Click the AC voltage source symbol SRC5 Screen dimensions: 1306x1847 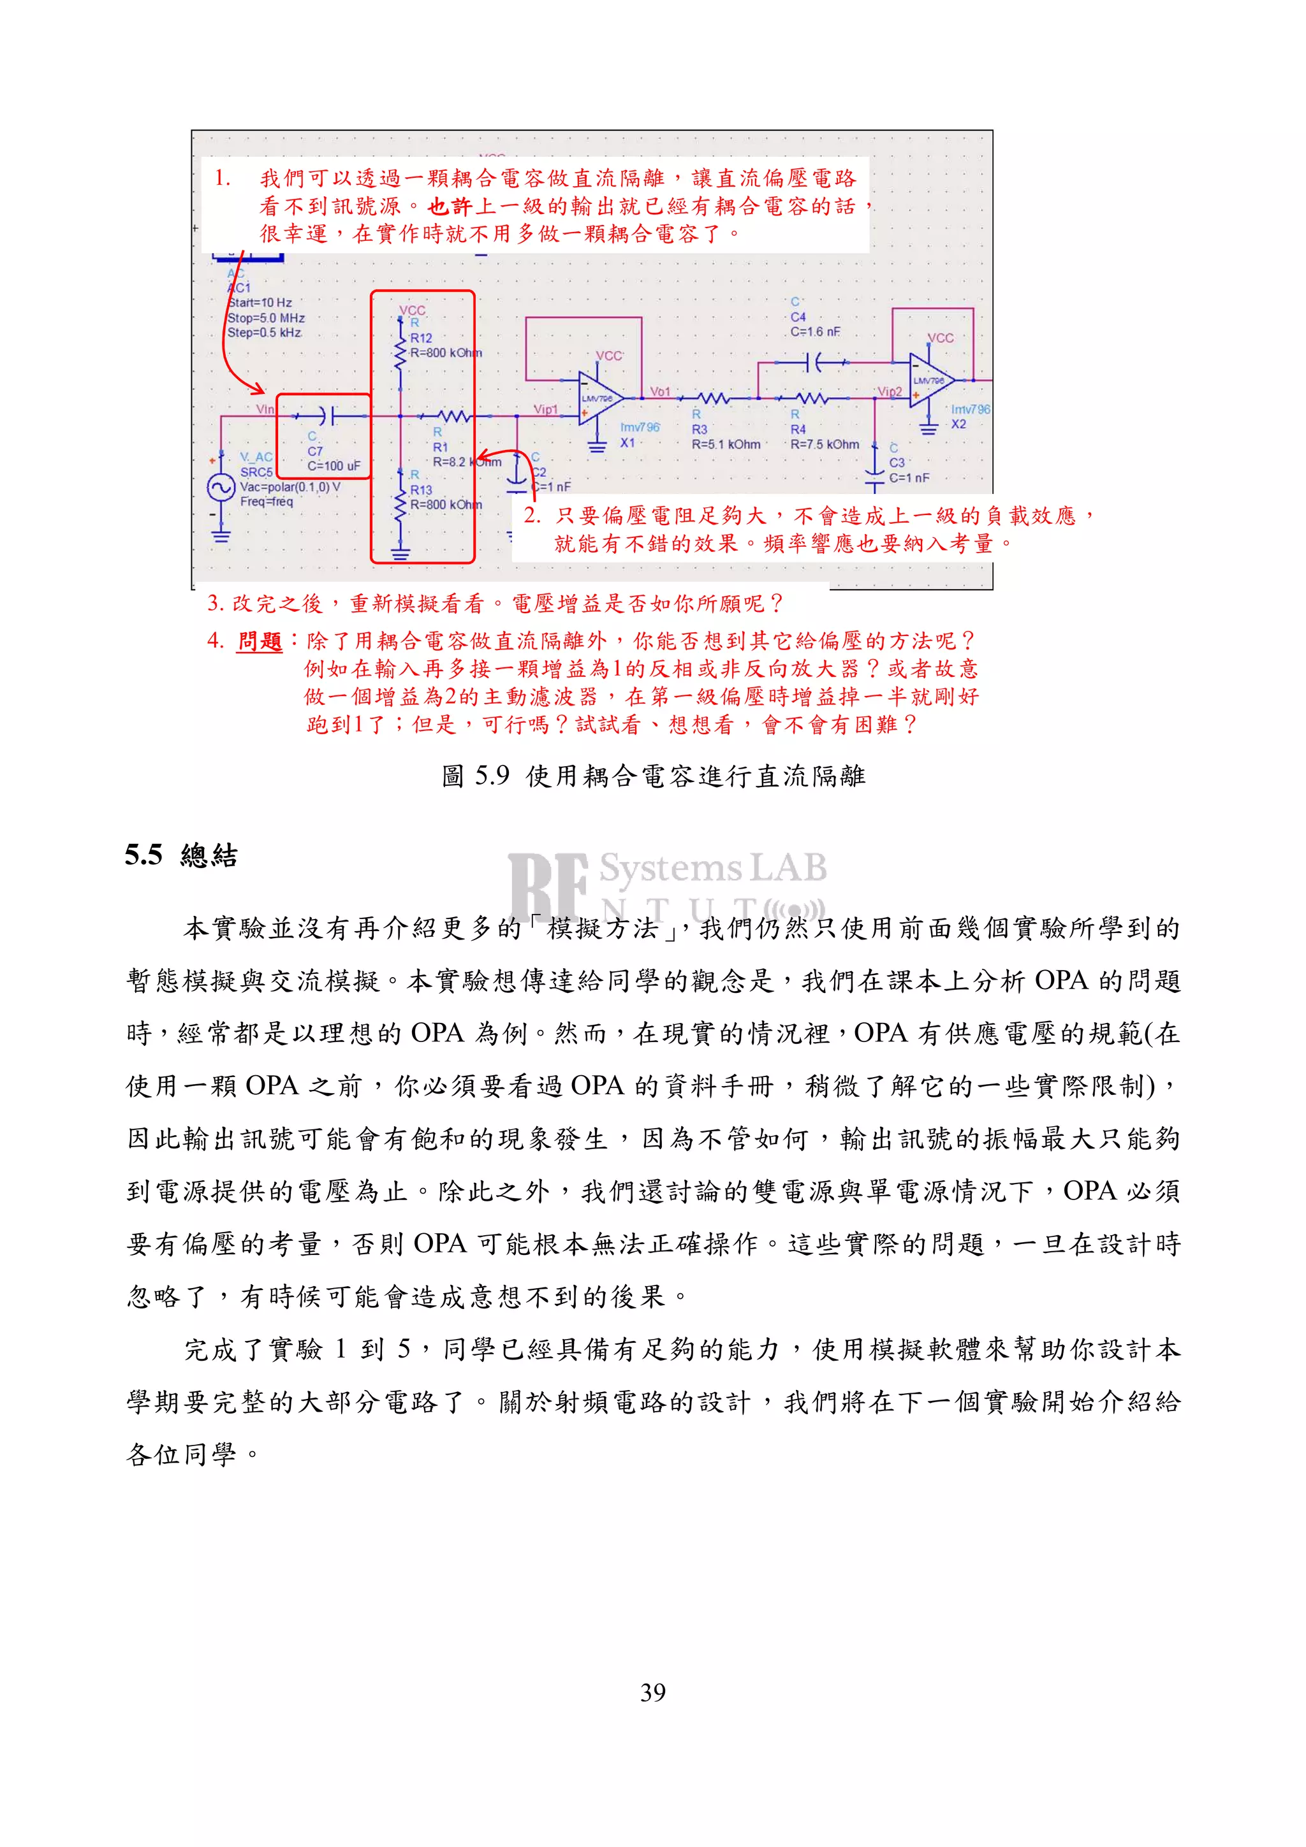(x=221, y=488)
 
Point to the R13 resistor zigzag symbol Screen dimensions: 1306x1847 (x=400, y=503)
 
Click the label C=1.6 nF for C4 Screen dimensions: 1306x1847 (x=814, y=331)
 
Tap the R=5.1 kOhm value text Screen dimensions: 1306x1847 (x=725, y=444)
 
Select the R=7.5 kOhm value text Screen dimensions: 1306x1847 (x=824, y=444)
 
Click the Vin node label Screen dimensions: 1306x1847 (x=265, y=409)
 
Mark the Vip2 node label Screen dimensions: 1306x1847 (x=888, y=392)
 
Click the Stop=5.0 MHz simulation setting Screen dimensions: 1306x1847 (x=265, y=318)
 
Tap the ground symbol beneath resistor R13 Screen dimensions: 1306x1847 (x=400, y=552)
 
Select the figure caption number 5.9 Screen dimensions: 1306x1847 (x=491, y=776)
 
